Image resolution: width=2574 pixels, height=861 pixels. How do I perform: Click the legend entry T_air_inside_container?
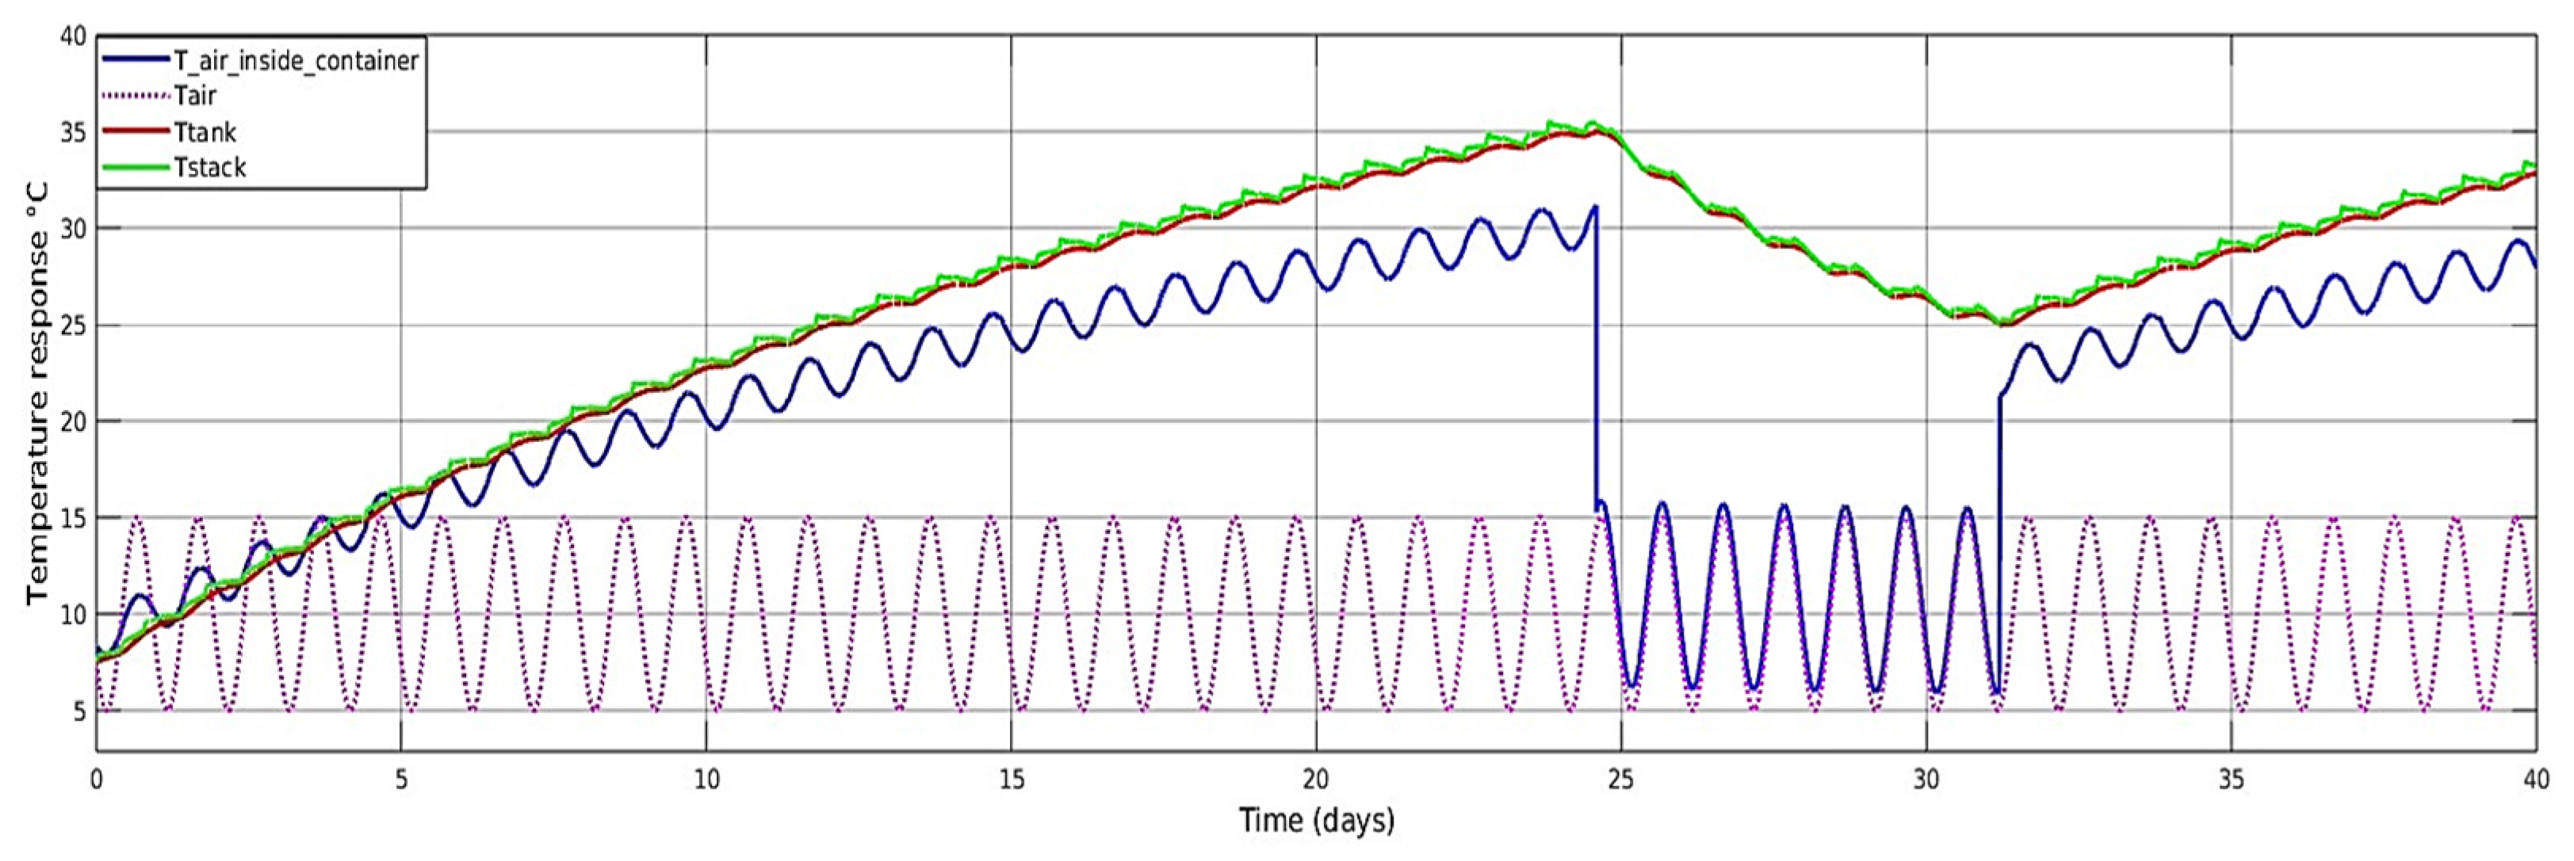(x=296, y=61)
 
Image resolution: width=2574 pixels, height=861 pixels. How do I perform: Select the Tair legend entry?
(x=195, y=96)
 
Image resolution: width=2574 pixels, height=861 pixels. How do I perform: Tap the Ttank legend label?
(x=205, y=131)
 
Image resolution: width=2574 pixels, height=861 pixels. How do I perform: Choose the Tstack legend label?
(x=210, y=168)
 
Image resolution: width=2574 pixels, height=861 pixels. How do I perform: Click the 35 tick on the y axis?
(x=72, y=133)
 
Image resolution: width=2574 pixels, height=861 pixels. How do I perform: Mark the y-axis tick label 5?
(x=78, y=711)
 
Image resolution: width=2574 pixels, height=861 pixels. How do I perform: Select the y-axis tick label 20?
(x=72, y=421)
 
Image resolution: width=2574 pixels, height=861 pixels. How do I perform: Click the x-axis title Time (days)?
(x=1316, y=821)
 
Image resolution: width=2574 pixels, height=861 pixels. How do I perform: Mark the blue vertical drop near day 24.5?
(x=1596, y=360)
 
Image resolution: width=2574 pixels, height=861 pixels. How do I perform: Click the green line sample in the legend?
(x=136, y=168)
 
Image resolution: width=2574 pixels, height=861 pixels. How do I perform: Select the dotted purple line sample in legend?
(x=136, y=96)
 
